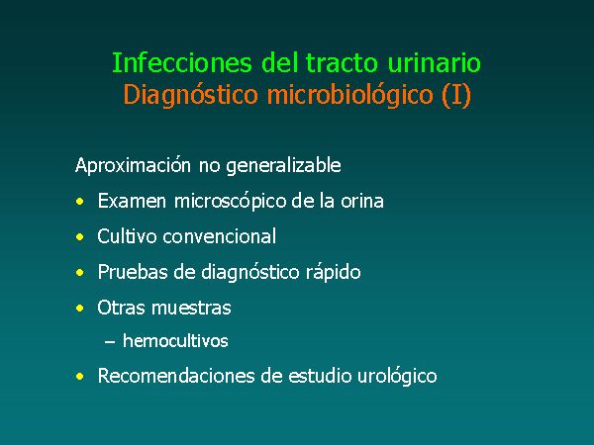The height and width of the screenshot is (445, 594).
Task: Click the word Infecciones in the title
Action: pos(182,62)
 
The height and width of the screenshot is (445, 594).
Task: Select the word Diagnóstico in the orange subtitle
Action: pos(190,95)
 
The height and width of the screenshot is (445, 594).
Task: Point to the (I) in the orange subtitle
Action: pos(456,95)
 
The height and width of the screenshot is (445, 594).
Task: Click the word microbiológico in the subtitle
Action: pos(350,95)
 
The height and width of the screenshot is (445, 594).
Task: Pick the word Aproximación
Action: pos(133,166)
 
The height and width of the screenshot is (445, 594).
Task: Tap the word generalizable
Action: pos(283,166)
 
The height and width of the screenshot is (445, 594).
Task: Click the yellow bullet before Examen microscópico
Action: pos(79,202)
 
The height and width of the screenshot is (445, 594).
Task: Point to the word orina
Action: pos(362,201)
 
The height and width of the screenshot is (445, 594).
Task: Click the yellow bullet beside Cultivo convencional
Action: pos(79,237)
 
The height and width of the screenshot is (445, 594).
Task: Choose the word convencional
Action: pos(220,236)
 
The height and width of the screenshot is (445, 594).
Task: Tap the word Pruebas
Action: pos(133,272)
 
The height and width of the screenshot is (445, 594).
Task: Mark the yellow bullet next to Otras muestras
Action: pos(79,308)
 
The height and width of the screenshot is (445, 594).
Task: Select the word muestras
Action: pos(191,308)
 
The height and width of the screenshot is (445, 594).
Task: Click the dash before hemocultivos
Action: pos(110,342)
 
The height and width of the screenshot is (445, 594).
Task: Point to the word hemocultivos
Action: pos(175,341)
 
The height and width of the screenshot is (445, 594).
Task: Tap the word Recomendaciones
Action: pos(176,376)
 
